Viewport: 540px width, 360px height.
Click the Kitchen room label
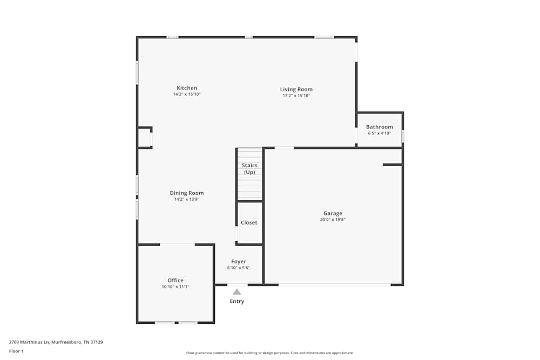[x=187, y=88]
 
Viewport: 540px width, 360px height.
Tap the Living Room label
[x=296, y=90]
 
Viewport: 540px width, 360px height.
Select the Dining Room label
[x=187, y=193]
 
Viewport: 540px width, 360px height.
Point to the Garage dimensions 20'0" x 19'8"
[x=333, y=220]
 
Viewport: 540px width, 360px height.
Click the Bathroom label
[x=379, y=127]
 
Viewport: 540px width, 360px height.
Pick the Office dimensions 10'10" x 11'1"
[x=175, y=287]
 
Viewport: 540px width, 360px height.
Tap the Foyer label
[x=238, y=262]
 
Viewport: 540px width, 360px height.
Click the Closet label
[x=248, y=223]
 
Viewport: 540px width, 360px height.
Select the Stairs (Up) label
[x=249, y=168]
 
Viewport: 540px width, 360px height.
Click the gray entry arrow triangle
[x=237, y=292]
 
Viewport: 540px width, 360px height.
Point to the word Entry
[x=237, y=301]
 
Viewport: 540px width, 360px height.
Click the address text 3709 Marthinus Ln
[x=29, y=342]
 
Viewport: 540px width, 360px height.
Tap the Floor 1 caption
[x=16, y=351]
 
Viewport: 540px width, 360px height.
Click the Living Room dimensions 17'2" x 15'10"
[x=296, y=96]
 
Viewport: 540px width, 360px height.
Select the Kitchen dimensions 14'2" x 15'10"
[x=187, y=94]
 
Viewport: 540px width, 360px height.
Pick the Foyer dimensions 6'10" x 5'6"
[x=238, y=268]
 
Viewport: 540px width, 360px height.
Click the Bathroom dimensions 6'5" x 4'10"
[x=379, y=133]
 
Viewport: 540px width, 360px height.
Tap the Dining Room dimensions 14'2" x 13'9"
[x=187, y=199]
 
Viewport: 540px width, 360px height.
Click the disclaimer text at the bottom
[x=269, y=353]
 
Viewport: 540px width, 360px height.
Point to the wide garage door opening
[x=334, y=285]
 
